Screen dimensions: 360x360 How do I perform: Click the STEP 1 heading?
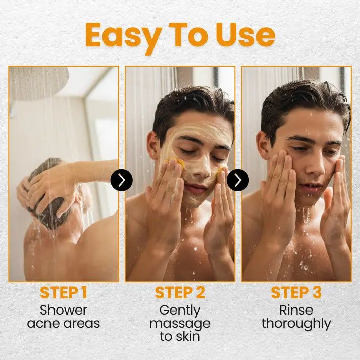point(64,292)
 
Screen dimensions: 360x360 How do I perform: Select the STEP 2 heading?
point(180,292)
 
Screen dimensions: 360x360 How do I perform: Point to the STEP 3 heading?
point(296,292)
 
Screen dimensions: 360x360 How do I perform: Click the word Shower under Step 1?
point(64,310)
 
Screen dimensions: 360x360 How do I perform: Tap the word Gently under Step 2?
point(180,310)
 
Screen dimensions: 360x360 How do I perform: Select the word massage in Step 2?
point(180,323)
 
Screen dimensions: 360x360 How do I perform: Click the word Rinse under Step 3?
point(296,310)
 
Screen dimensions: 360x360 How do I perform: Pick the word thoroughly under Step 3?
point(296,323)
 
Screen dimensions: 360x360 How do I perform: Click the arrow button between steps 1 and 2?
point(121,180)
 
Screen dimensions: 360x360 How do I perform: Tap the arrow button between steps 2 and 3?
point(237,180)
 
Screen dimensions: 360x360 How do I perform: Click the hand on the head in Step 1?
point(48,187)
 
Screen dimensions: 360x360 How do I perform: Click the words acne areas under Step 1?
point(64,323)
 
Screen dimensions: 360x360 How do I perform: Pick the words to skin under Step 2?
point(180,336)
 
